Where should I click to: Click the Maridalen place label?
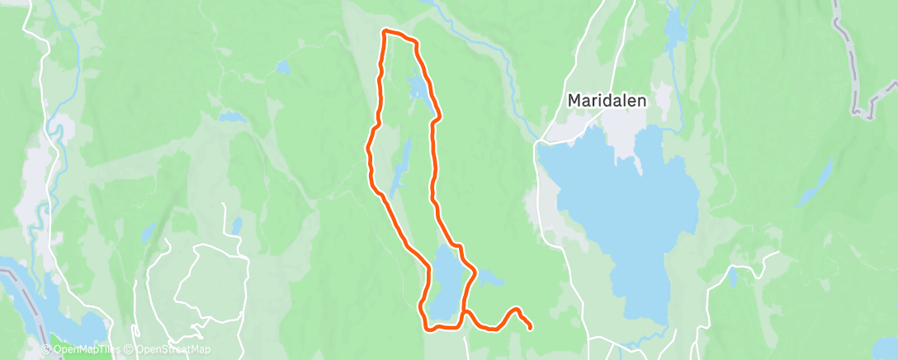pyautogui.click(x=607, y=100)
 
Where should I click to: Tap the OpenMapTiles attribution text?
pyautogui.click(x=80, y=350)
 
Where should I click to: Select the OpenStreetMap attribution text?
pyautogui.click(x=168, y=350)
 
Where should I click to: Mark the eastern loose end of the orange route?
pyautogui.click(x=529, y=327)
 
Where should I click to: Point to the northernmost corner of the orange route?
pyautogui.click(x=385, y=31)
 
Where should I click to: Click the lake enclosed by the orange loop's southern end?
pyautogui.click(x=443, y=285)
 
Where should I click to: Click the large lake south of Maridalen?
pyautogui.click(x=627, y=215)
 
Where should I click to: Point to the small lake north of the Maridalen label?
pyautogui.click(x=675, y=30)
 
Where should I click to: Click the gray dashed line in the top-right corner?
pyautogui.click(x=855, y=58)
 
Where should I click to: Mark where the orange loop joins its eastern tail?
pyautogui.click(x=464, y=311)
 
